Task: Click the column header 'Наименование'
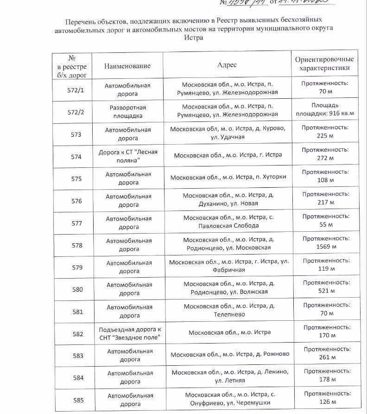coord(127,65)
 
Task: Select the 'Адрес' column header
coord(227,65)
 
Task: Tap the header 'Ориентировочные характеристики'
coord(324,64)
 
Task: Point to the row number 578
coord(77,245)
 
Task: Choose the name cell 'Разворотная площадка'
coord(127,112)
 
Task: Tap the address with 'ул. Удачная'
coord(228,133)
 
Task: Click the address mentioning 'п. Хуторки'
coord(228,177)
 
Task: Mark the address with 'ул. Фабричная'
coord(229,266)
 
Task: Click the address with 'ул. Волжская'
coord(229,288)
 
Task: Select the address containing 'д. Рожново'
coord(230,354)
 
